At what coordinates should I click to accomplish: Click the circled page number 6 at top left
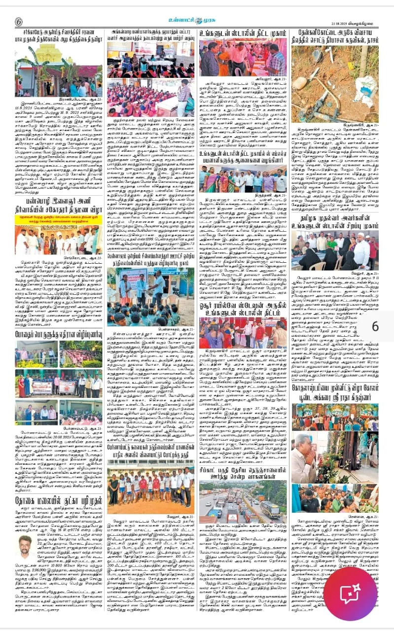[19, 22]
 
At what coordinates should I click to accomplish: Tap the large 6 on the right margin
[375, 326]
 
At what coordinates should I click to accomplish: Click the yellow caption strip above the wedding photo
[58, 216]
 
